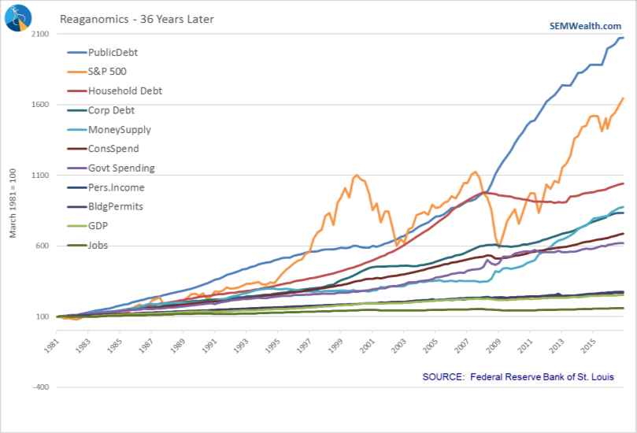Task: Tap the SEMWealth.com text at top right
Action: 585,25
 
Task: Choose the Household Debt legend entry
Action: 124,91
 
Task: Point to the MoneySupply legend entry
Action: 119,129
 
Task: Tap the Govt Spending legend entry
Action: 121,168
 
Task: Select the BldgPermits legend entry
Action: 116,206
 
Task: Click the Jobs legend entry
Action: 99,245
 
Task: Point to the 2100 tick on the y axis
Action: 41,35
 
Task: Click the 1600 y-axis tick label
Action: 41,105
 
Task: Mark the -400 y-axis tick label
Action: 41,387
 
